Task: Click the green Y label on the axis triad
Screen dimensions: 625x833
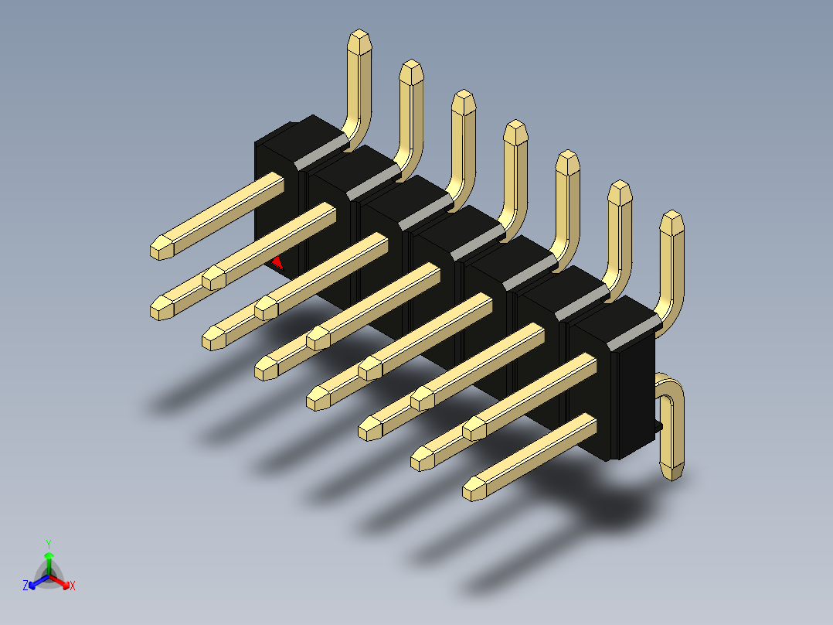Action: [x=48, y=543]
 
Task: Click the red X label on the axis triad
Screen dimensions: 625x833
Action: [x=73, y=586]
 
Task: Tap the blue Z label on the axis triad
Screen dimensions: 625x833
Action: [x=25, y=586]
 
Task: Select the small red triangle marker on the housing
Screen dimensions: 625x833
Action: [x=277, y=263]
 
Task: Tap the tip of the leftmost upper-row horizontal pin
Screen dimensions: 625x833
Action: [x=161, y=248]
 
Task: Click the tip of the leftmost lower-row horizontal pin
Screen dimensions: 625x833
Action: [x=161, y=309]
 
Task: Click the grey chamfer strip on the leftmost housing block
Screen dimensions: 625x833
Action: [x=321, y=152]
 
